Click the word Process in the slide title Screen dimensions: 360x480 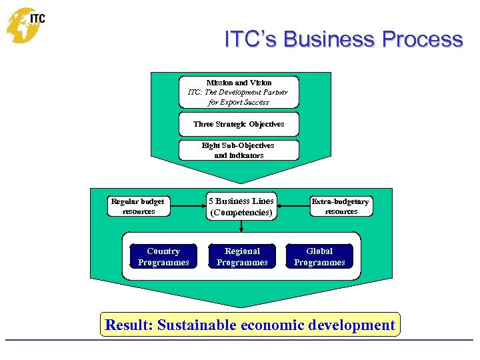pyautogui.click(x=423, y=40)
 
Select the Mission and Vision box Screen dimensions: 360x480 pyautogui.click(x=239, y=92)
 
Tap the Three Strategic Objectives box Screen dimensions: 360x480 pyautogui.click(x=239, y=124)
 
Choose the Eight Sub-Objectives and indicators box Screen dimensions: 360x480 pyautogui.click(x=239, y=150)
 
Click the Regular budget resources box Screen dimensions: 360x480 pyautogui.click(x=138, y=206)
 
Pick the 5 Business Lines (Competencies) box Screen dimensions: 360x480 pyautogui.click(x=241, y=207)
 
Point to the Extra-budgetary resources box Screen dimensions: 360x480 pyautogui.click(x=341, y=206)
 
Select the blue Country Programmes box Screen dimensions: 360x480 pyautogui.click(x=163, y=257)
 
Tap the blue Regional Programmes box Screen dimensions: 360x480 pyautogui.click(x=242, y=257)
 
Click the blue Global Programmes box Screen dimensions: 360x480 pyautogui.click(x=319, y=257)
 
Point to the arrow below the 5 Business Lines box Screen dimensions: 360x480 pyautogui.click(x=241, y=227)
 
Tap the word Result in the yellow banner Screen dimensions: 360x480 pyautogui.click(x=129, y=325)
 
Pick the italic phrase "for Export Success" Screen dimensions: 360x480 pyautogui.click(x=239, y=102)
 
